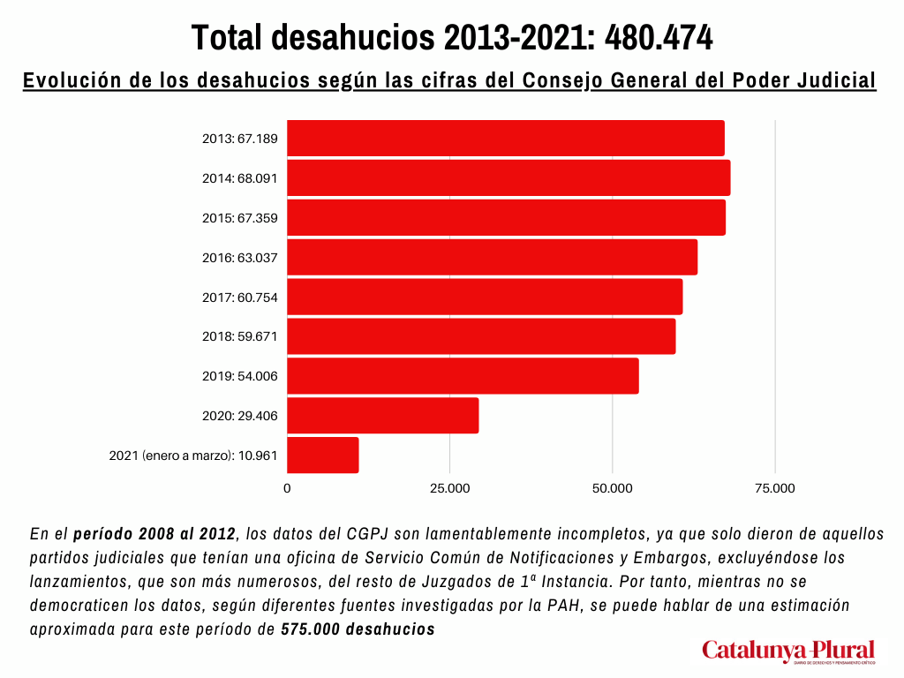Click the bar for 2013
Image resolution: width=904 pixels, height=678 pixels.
pyautogui.click(x=506, y=138)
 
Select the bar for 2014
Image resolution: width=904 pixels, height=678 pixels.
pyautogui.click(x=508, y=177)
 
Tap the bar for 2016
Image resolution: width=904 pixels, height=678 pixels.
pyautogui.click(x=492, y=257)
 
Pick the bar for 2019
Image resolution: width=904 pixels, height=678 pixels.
pyautogui.click(x=463, y=376)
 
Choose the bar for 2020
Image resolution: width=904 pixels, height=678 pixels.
pyautogui.click(x=382, y=416)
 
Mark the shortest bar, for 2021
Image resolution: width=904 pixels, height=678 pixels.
pyautogui.click(x=322, y=456)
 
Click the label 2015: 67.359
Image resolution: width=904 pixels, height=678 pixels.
pyautogui.click(x=239, y=218)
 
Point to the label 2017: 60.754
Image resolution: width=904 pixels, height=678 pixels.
pyautogui.click(x=239, y=298)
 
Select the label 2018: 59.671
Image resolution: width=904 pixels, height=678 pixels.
pyautogui.click(x=239, y=337)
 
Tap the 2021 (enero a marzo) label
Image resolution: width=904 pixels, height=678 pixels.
pyautogui.click(x=193, y=456)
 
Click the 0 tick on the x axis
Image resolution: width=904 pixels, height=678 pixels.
pyautogui.click(x=287, y=488)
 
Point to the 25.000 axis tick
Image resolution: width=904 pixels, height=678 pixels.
pyautogui.click(x=449, y=488)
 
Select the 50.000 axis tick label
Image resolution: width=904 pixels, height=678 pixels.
pyautogui.click(x=613, y=488)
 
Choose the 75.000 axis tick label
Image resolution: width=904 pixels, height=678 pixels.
pyautogui.click(x=775, y=488)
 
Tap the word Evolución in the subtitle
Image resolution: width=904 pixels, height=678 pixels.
pyautogui.click(x=72, y=80)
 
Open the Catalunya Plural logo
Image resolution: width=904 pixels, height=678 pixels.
pyautogui.click(x=788, y=652)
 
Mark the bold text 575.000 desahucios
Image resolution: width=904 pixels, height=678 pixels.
pyautogui.click(x=358, y=629)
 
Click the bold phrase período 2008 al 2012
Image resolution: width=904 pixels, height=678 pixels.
pyautogui.click(x=154, y=534)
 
